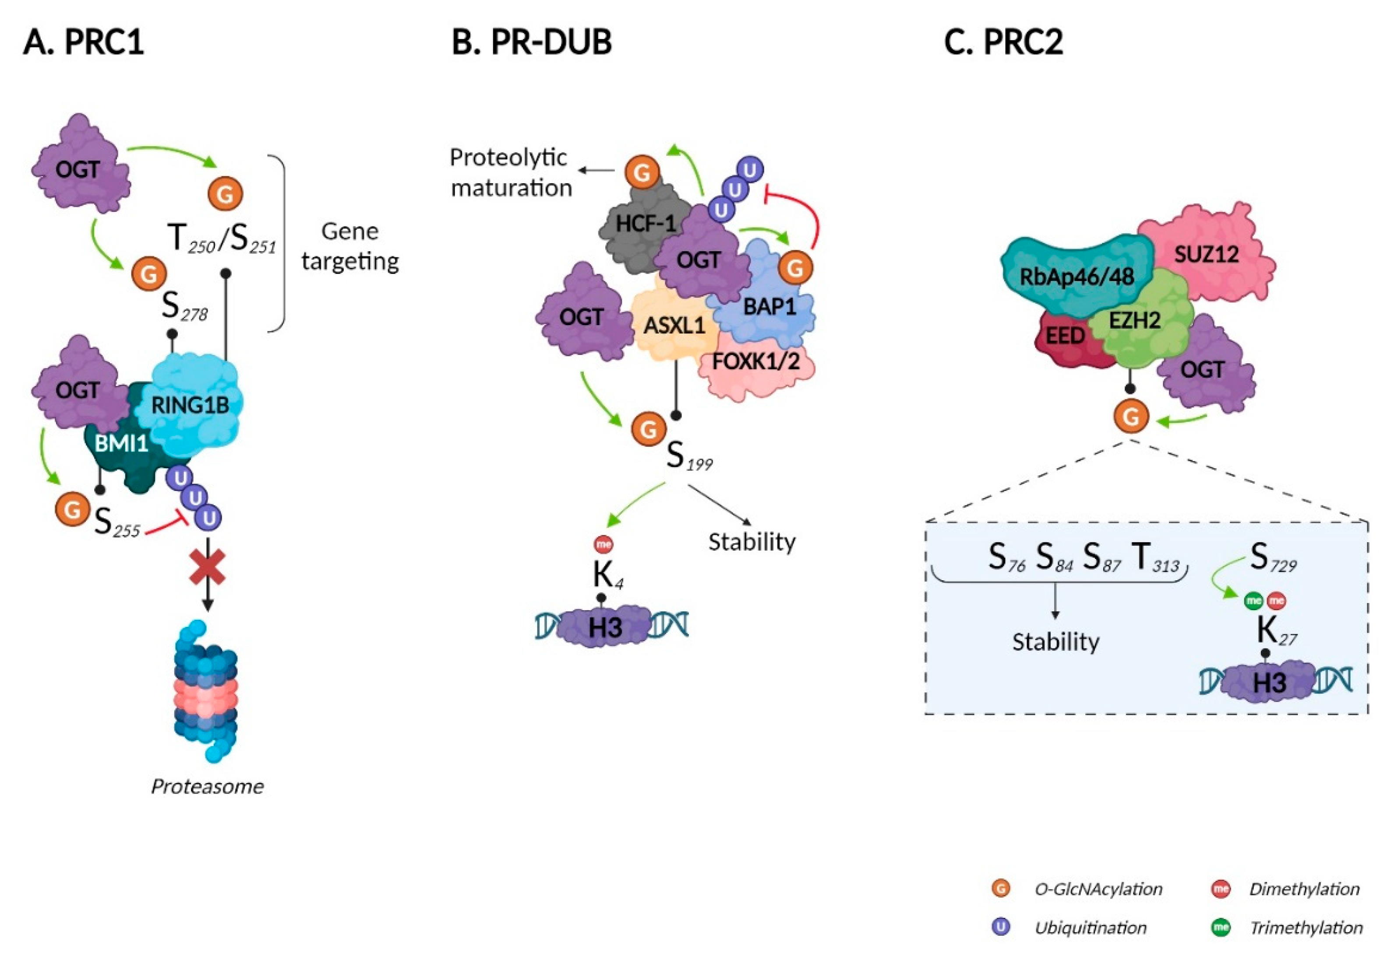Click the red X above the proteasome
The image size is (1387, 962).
coord(208,569)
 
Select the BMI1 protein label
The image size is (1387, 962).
coord(120,444)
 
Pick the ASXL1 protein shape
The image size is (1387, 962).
coord(674,326)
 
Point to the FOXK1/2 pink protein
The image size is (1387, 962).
coord(756,362)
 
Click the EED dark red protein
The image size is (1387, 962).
coord(1065,336)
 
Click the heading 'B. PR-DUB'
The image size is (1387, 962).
coord(531,42)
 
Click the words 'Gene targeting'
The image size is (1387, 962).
coord(350,246)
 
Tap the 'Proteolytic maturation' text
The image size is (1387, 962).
coord(510,173)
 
